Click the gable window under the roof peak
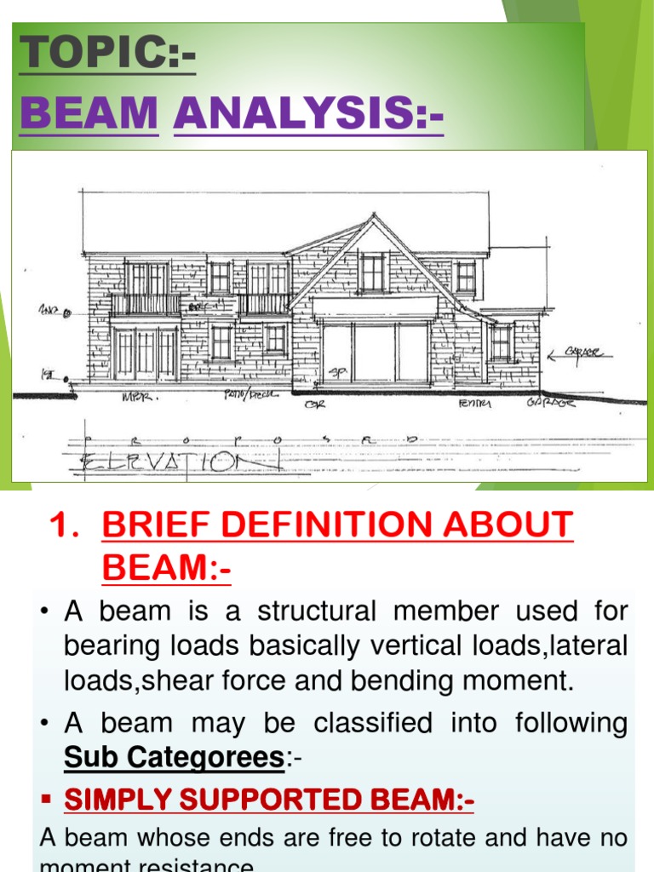coord(372,272)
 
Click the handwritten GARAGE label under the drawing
coord(550,402)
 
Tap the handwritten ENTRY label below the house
coord(474,403)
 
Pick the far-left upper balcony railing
coord(146,304)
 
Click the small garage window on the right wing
coord(500,342)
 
